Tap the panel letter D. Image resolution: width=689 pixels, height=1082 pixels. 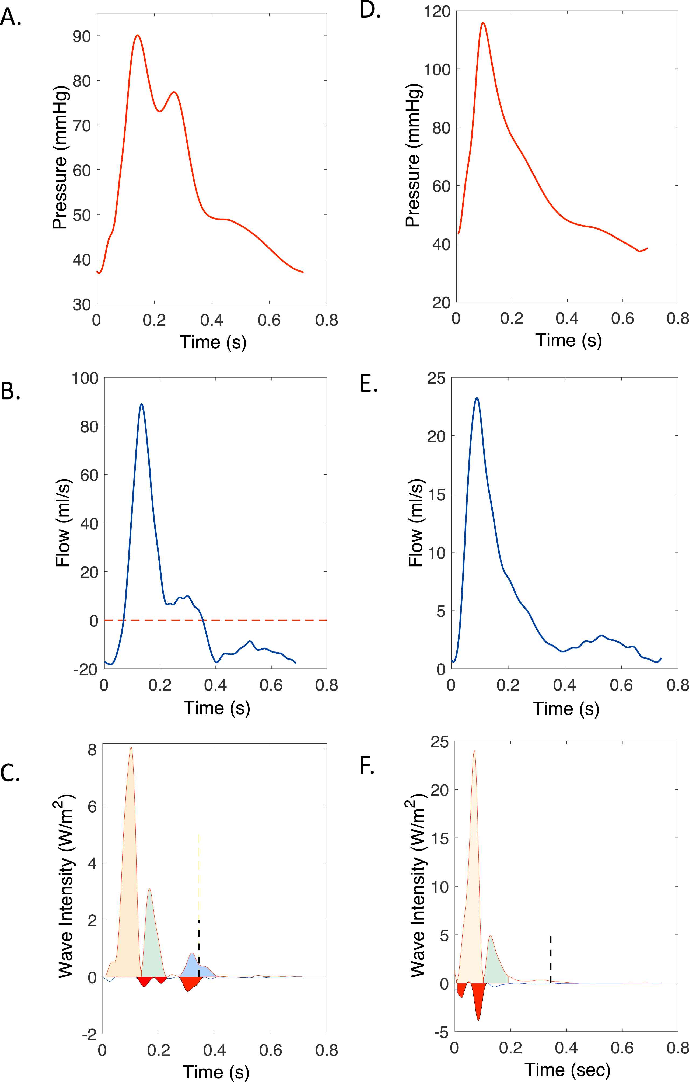tap(370, 10)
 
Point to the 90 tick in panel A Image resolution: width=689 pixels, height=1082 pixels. tap(82, 36)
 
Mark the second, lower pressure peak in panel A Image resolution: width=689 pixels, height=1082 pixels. tap(174, 93)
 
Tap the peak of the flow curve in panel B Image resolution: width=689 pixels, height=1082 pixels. tap(141, 404)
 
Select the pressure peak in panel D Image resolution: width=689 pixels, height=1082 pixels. tap(483, 23)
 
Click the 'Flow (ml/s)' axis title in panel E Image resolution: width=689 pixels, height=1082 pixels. tap(415, 523)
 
